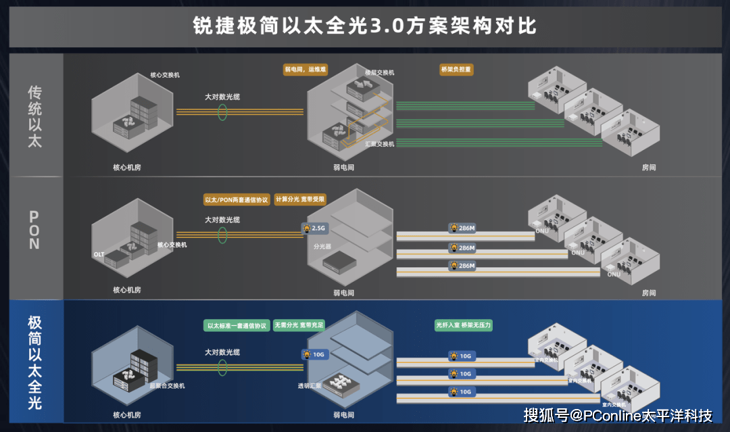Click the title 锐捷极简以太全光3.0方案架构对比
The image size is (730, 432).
[365, 26]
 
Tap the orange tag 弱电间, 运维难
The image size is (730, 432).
[305, 70]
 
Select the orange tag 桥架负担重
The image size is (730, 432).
[456, 70]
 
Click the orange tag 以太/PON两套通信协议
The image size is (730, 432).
[237, 199]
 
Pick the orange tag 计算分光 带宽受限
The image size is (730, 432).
[301, 199]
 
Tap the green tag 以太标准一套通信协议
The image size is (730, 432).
[237, 326]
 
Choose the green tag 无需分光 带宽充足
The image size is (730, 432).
[299, 326]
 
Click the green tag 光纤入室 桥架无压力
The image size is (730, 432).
[464, 326]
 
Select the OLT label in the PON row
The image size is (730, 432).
[99, 254]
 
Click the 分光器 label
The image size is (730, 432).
[322, 247]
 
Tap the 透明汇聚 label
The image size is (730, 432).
[309, 386]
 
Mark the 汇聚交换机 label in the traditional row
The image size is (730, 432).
[379, 144]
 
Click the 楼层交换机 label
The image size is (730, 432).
[379, 72]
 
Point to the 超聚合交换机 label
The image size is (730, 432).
[167, 386]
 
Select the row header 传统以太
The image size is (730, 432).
[35, 116]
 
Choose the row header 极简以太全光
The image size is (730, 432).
[35, 362]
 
